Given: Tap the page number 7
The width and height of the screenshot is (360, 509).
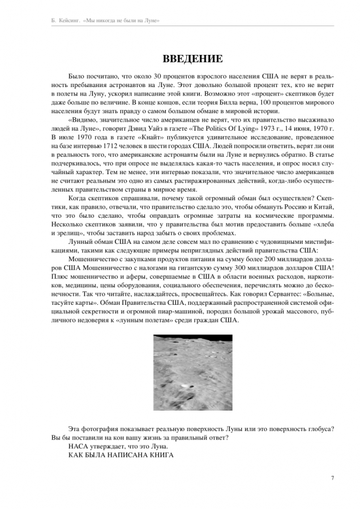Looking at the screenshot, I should [x=332, y=478].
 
